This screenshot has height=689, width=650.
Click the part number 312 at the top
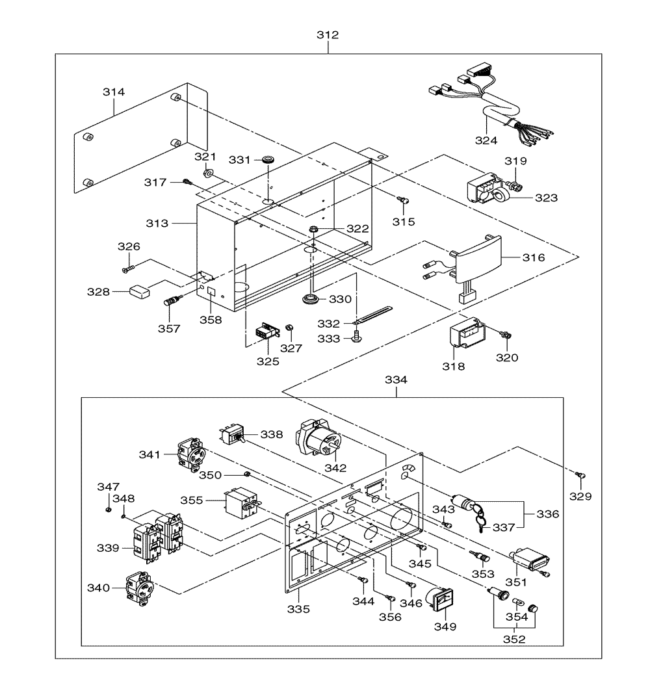328,34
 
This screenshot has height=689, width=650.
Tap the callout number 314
114,92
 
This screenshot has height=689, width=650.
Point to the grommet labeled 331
267,159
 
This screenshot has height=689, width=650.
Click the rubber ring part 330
311,299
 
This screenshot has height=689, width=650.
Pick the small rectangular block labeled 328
139,291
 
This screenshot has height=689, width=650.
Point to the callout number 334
396,380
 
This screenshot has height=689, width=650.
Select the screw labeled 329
581,474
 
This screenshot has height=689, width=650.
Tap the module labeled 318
467,333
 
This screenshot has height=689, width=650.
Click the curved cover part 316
476,259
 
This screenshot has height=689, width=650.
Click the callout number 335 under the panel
298,609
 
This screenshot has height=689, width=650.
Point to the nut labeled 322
313,229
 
